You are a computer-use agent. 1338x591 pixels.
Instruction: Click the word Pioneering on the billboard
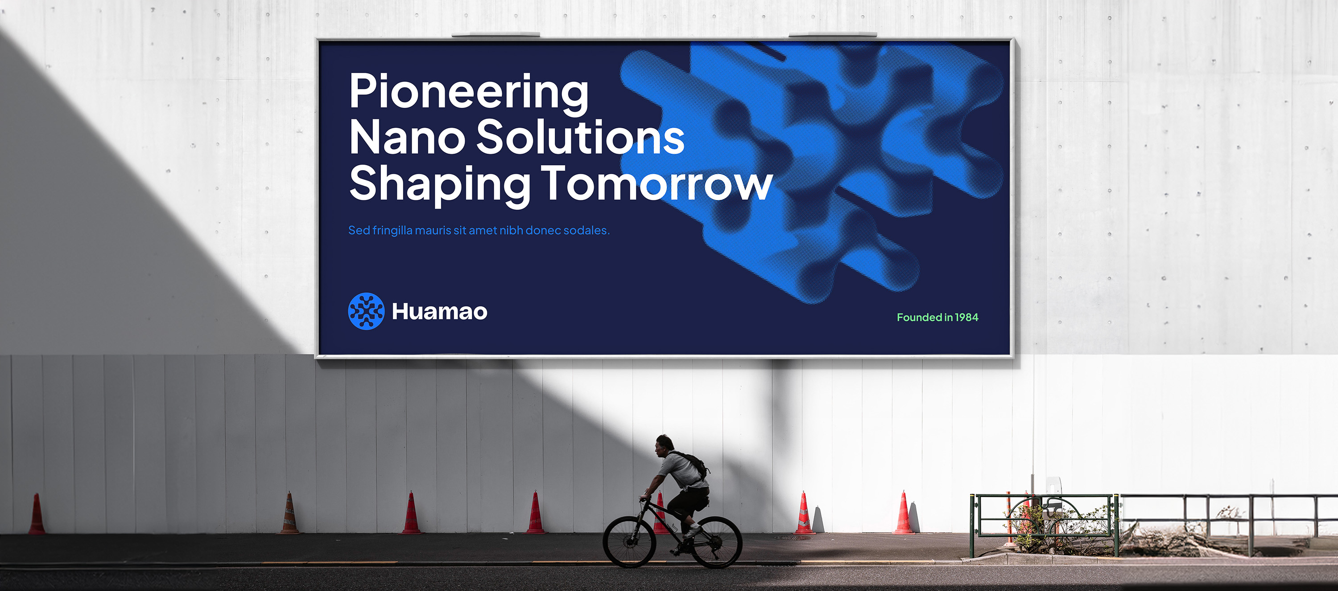pyautogui.click(x=469, y=93)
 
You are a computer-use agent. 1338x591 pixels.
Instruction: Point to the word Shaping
pyautogui.click(x=440, y=185)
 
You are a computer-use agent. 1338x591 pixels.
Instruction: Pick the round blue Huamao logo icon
pyautogui.click(x=366, y=311)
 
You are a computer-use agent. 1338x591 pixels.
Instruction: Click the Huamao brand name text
pyautogui.click(x=439, y=311)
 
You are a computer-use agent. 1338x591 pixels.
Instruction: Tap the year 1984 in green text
pyautogui.click(x=966, y=317)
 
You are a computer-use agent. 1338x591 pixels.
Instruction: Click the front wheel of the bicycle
pyautogui.click(x=628, y=541)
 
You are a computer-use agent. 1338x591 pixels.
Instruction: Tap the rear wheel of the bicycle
pyautogui.click(x=716, y=542)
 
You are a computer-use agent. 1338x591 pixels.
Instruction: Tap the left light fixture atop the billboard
pyautogui.click(x=496, y=34)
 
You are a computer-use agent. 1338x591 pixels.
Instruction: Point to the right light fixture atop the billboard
pyautogui.click(x=833, y=34)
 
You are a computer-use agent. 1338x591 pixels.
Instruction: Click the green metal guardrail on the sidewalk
pyautogui.click(x=1045, y=524)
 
